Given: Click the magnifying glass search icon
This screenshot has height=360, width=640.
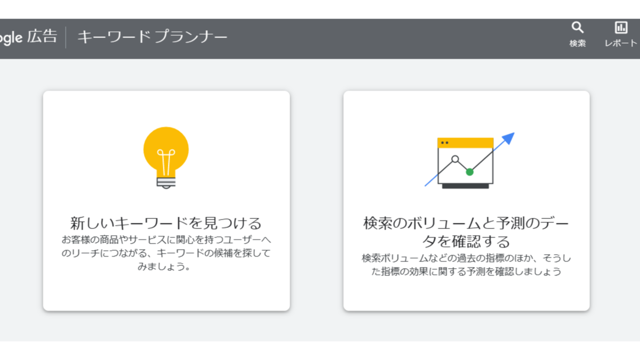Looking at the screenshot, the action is click(x=578, y=27).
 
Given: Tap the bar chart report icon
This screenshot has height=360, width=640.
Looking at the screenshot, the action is click(x=621, y=27).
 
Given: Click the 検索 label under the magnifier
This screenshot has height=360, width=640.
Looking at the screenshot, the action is click(x=578, y=43).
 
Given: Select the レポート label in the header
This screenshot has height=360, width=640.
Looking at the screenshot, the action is click(x=621, y=43).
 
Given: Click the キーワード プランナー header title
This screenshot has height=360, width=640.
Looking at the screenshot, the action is click(x=153, y=37).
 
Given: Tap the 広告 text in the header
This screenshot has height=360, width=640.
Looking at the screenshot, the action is click(x=42, y=36).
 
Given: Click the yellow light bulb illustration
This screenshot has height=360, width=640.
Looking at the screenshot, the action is click(x=166, y=158).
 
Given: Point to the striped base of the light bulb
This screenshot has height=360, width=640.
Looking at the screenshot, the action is click(x=166, y=182).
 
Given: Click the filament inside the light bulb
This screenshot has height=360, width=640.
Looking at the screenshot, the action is click(x=166, y=162).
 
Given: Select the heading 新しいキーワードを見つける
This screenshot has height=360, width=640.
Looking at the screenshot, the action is click(x=166, y=223).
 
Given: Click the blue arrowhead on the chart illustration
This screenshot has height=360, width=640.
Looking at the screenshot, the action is click(x=508, y=138).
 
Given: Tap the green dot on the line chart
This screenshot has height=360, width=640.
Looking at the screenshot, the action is click(x=469, y=172).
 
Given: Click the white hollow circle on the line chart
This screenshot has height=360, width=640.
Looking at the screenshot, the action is click(x=455, y=159).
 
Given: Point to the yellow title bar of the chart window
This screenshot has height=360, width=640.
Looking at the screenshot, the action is click(x=466, y=143).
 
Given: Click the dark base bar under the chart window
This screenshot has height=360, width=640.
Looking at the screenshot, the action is click(x=466, y=186).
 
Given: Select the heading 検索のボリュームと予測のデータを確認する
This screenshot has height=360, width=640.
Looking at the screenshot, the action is click(x=466, y=233).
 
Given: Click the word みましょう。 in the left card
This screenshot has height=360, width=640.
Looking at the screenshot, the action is click(x=164, y=267).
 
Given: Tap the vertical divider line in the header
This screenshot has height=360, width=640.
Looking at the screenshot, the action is click(x=66, y=37).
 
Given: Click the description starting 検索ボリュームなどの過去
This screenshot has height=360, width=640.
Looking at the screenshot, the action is click(x=466, y=265).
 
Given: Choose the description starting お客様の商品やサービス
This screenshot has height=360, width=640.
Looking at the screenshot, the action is click(x=166, y=253).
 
